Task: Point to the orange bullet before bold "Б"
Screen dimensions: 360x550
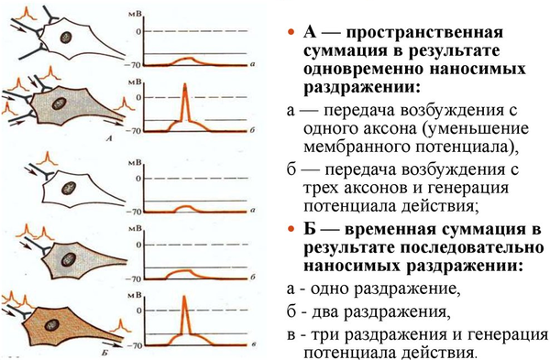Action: pyautogui.click(x=290, y=228)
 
